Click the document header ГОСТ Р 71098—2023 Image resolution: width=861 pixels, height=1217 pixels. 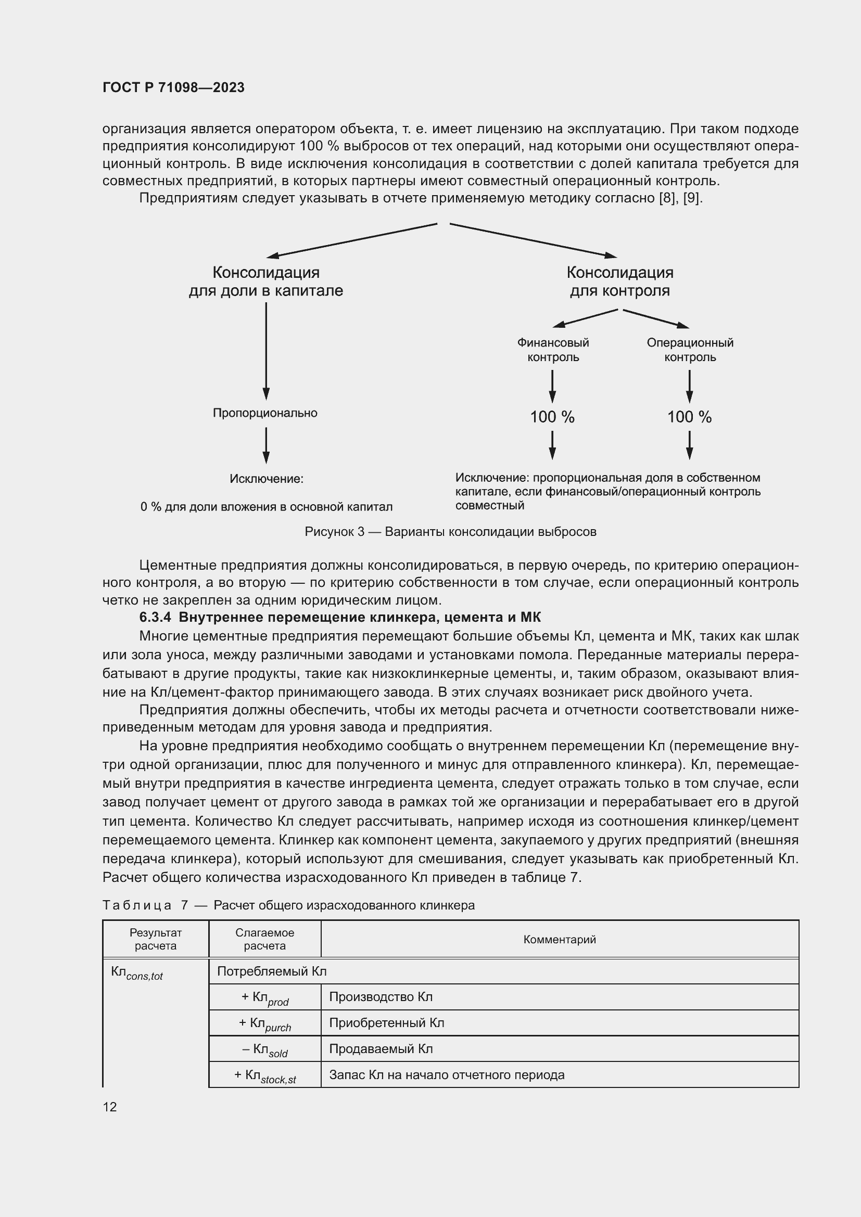click(173, 87)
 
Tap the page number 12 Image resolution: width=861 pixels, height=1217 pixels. click(110, 1107)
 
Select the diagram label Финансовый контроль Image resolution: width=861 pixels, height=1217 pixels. click(553, 350)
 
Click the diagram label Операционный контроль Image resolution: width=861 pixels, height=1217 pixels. click(690, 350)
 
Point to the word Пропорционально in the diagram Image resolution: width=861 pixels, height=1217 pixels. click(265, 413)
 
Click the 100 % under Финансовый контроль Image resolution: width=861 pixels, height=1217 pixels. click(552, 417)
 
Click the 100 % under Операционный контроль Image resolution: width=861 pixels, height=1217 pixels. click(689, 417)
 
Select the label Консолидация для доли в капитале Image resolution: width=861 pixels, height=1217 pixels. click(266, 281)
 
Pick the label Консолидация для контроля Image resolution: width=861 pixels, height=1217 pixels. click(620, 281)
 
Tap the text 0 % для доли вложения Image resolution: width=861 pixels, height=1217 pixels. click(266, 507)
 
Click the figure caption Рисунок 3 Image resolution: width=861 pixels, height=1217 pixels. click(450, 532)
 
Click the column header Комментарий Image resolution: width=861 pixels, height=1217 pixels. click(559, 939)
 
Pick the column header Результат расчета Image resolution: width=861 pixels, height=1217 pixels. click(155, 939)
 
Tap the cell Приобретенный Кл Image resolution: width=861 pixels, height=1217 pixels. click(386, 1022)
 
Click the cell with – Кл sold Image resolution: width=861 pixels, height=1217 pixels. click(264, 1049)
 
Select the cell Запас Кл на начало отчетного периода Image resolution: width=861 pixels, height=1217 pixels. click(447, 1075)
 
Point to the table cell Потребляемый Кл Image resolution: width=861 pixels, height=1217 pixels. click(272, 971)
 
